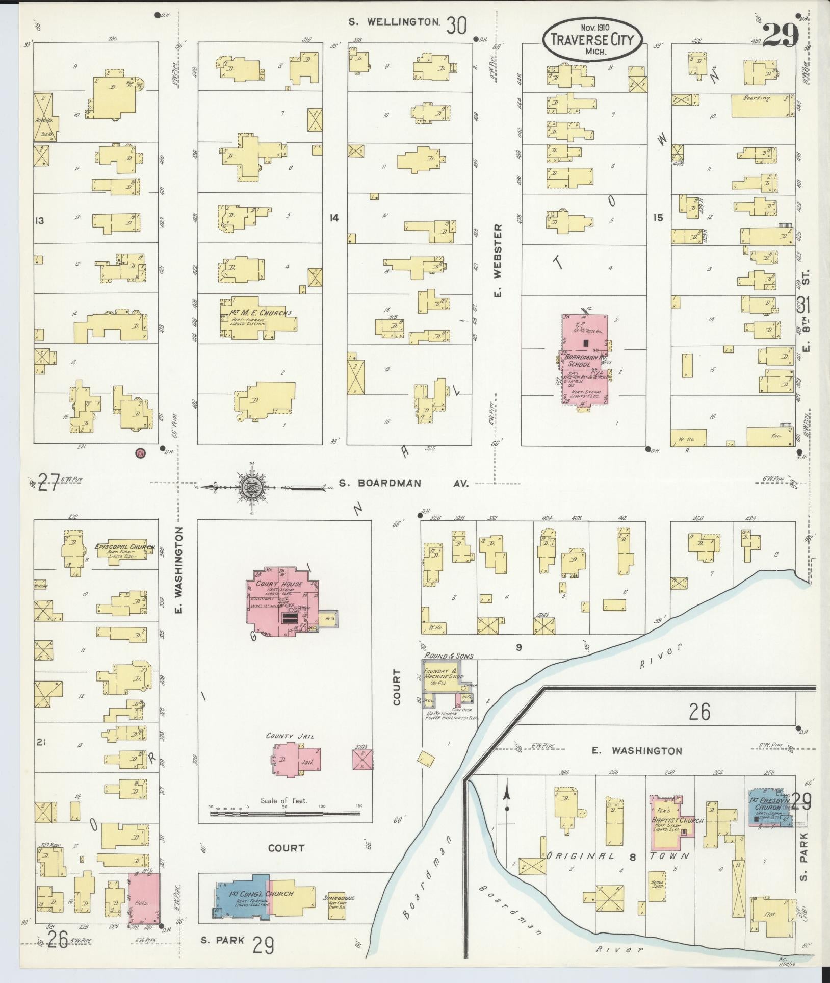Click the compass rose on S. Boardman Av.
coord(252,485)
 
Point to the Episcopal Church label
coord(125,547)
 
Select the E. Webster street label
coord(498,260)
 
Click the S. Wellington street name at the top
coord(395,22)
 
